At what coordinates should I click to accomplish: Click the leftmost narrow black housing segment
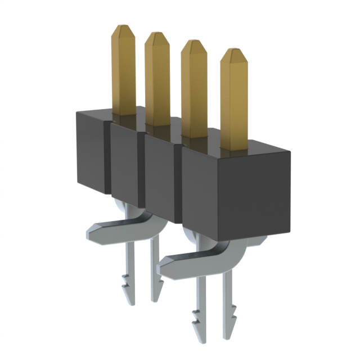tap(91, 149)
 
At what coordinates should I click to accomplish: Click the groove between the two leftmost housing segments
tap(108, 157)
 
